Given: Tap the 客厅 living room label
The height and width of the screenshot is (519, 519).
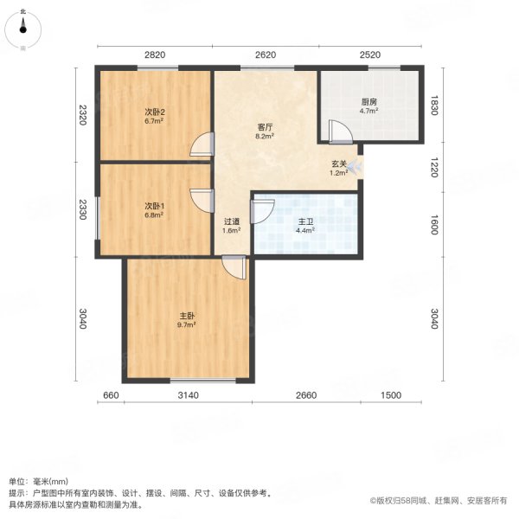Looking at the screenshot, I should click(265, 126).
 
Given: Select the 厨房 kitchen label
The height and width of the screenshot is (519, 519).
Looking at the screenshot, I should click(368, 102).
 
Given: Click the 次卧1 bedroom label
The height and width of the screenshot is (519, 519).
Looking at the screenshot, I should click(155, 206).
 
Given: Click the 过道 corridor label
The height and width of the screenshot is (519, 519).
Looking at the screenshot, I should click(231, 221).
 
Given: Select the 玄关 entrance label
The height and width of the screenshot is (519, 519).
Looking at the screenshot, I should click(338, 163).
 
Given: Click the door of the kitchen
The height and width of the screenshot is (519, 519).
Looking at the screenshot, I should click(339, 132).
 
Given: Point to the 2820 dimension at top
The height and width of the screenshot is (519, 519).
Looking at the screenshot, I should click(155, 54).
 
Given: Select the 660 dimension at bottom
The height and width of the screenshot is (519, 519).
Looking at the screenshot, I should click(110, 395).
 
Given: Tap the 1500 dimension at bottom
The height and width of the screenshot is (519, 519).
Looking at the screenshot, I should click(391, 395).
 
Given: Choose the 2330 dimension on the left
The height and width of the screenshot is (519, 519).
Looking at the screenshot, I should click(82, 210).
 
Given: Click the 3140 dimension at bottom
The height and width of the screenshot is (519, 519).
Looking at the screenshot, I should click(189, 395).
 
